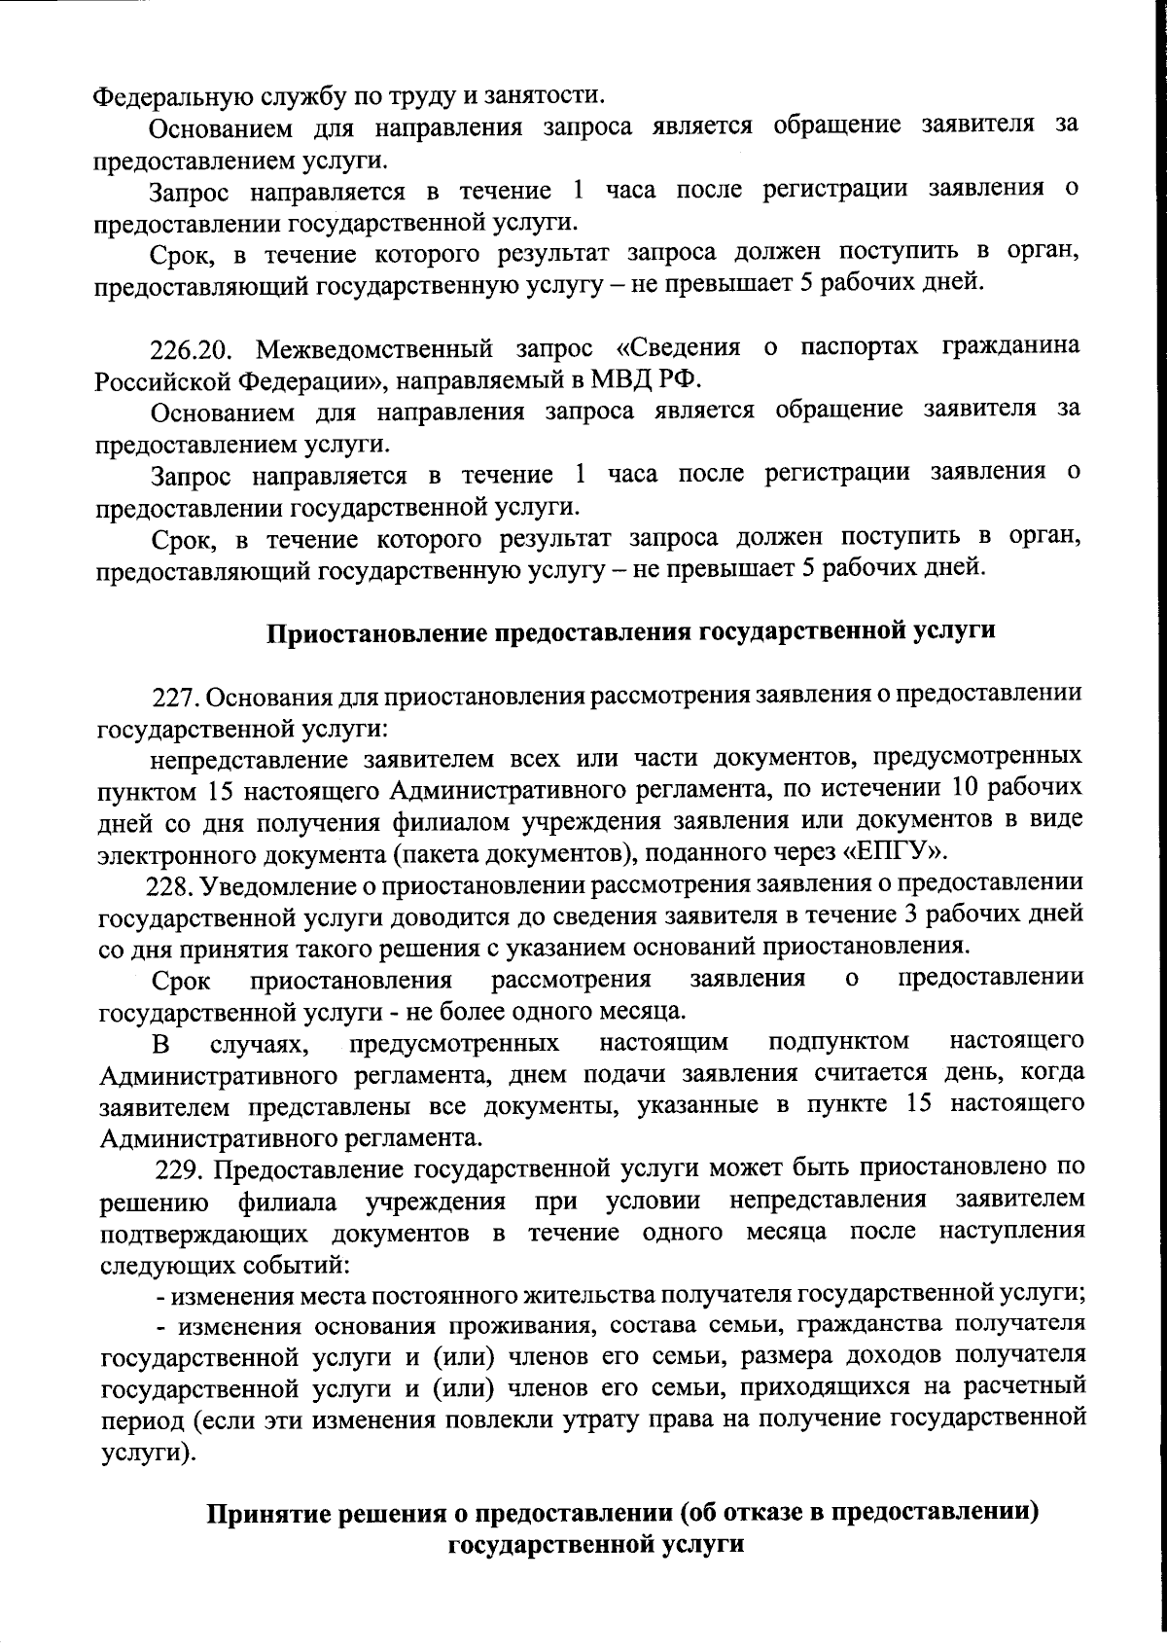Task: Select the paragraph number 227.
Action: tap(175, 698)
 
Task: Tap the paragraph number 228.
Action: tap(167, 885)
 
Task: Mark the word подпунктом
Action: tap(838, 1043)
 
